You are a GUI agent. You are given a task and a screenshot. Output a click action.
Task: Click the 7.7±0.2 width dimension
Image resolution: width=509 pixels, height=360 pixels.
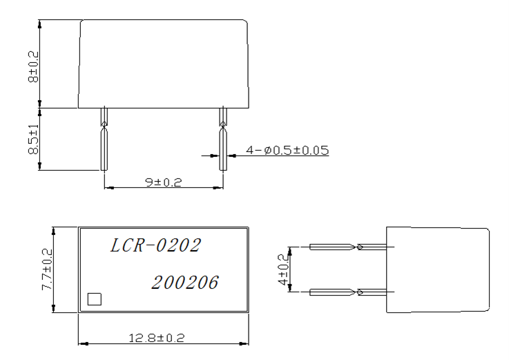coord(48,270)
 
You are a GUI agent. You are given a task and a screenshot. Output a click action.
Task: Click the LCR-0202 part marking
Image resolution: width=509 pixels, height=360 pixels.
coord(156,246)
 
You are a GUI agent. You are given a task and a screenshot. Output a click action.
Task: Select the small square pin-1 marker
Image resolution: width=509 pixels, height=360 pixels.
coord(95,299)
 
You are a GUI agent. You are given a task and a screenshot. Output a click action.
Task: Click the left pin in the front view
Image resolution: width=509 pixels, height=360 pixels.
coord(104,142)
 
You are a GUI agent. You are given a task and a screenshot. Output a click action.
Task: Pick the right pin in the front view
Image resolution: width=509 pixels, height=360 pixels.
coord(222,142)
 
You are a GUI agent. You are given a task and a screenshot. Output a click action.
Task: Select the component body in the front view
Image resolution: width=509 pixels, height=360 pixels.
coord(163,64)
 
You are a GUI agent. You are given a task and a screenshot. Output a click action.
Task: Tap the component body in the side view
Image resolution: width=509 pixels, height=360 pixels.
coord(437,269)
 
